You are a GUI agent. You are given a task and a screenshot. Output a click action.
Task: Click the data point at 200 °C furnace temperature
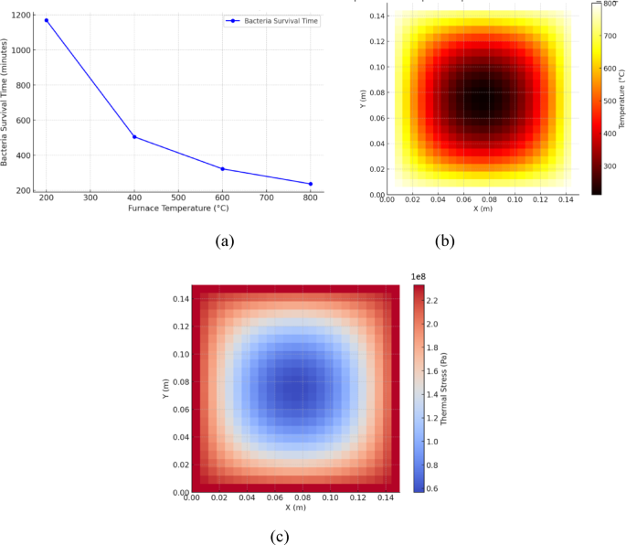point(47,20)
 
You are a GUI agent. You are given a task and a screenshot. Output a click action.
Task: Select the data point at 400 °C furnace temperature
point(134,137)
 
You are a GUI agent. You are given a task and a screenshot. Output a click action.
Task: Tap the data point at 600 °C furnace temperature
point(222,169)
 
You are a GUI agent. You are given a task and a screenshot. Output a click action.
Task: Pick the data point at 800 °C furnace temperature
point(311,184)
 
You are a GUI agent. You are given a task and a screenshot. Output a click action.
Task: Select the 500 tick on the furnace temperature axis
point(178,198)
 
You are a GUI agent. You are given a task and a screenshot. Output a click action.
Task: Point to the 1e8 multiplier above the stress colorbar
point(420,275)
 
